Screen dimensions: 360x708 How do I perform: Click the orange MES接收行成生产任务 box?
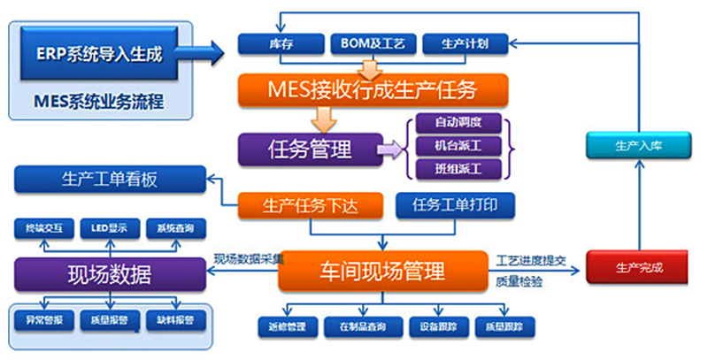373,88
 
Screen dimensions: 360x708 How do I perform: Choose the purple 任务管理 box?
309,147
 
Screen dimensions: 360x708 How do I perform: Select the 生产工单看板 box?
111,180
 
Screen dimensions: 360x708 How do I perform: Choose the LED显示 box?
111,229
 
